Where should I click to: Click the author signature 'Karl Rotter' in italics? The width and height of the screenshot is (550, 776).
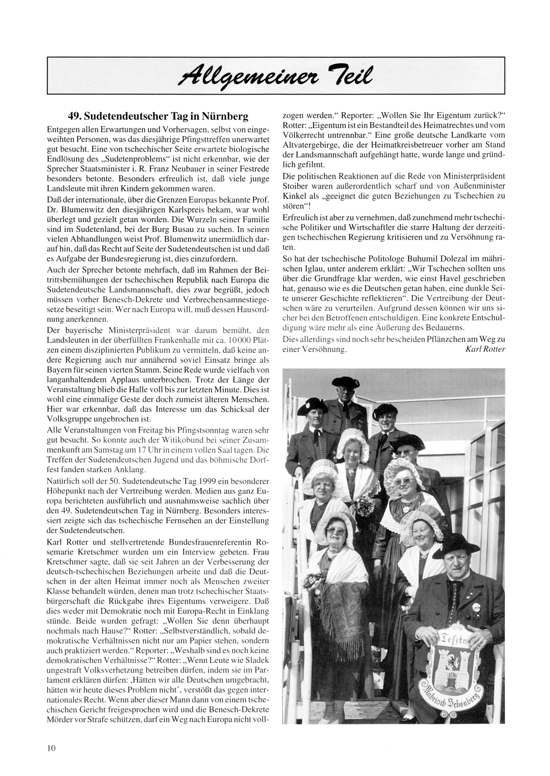(485, 350)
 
